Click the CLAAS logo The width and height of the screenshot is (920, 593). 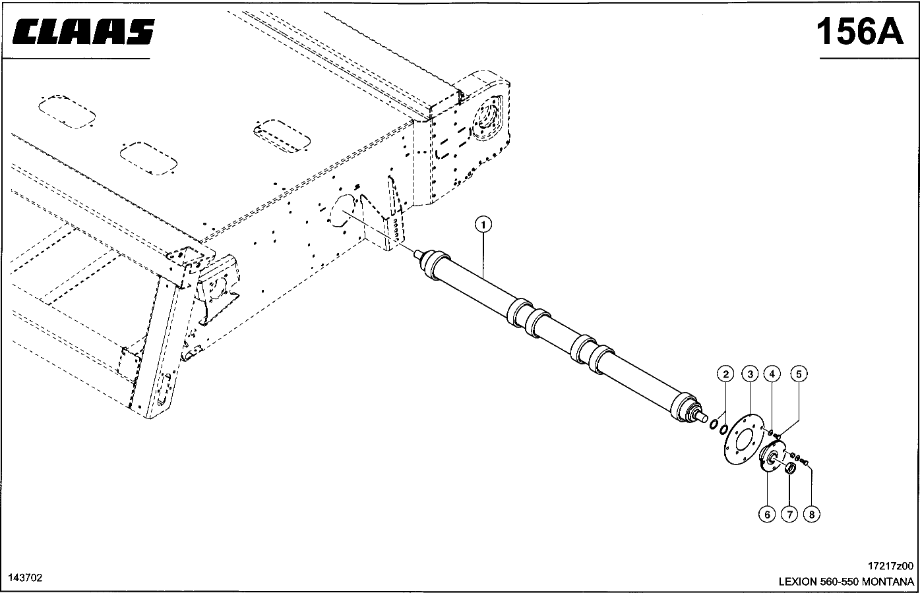point(83,32)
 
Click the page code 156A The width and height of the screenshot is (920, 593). point(859,32)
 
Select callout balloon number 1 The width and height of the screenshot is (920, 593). point(483,225)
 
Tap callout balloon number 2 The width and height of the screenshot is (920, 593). point(725,374)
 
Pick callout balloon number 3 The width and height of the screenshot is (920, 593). point(751,374)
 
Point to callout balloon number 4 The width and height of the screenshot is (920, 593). point(772,374)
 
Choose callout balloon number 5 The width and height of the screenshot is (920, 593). point(799,374)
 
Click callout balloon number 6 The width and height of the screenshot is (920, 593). point(767,514)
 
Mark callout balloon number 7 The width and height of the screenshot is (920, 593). point(789,514)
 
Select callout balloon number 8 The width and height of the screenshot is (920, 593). point(812,514)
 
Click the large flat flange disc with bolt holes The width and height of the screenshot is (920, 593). point(743,439)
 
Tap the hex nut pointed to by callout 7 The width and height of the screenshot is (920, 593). point(790,467)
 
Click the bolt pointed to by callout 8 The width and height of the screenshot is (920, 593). point(804,463)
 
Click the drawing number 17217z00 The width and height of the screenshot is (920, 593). point(890,566)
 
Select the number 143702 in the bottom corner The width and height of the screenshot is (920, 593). point(25,578)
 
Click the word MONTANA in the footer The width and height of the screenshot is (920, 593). point(888,582)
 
